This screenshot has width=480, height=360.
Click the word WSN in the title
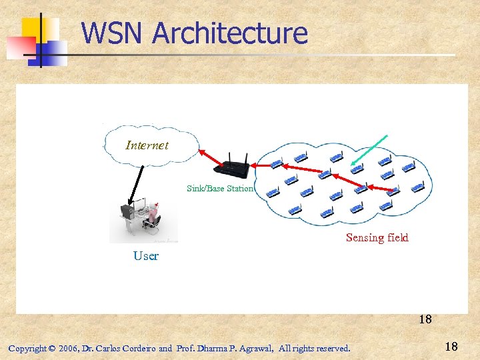tap(111, 33)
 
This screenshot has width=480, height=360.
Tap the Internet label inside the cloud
tap(147, 145)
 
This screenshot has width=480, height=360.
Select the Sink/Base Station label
tap(220, 189)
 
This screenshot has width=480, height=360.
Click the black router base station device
tap(235, 167)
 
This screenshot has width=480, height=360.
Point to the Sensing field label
tap(377, 237)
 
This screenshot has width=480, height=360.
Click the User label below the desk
tap(146, 256)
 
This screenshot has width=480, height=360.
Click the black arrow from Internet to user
tap(138, 181)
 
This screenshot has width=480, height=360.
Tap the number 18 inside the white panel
tap(425, 319)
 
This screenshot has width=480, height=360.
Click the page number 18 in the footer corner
tap(451, 347)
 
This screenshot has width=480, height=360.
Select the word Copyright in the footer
tap(27, 348)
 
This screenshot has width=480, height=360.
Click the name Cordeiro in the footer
tap(137, 348)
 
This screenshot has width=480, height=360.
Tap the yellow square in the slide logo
tap(37, 30)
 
